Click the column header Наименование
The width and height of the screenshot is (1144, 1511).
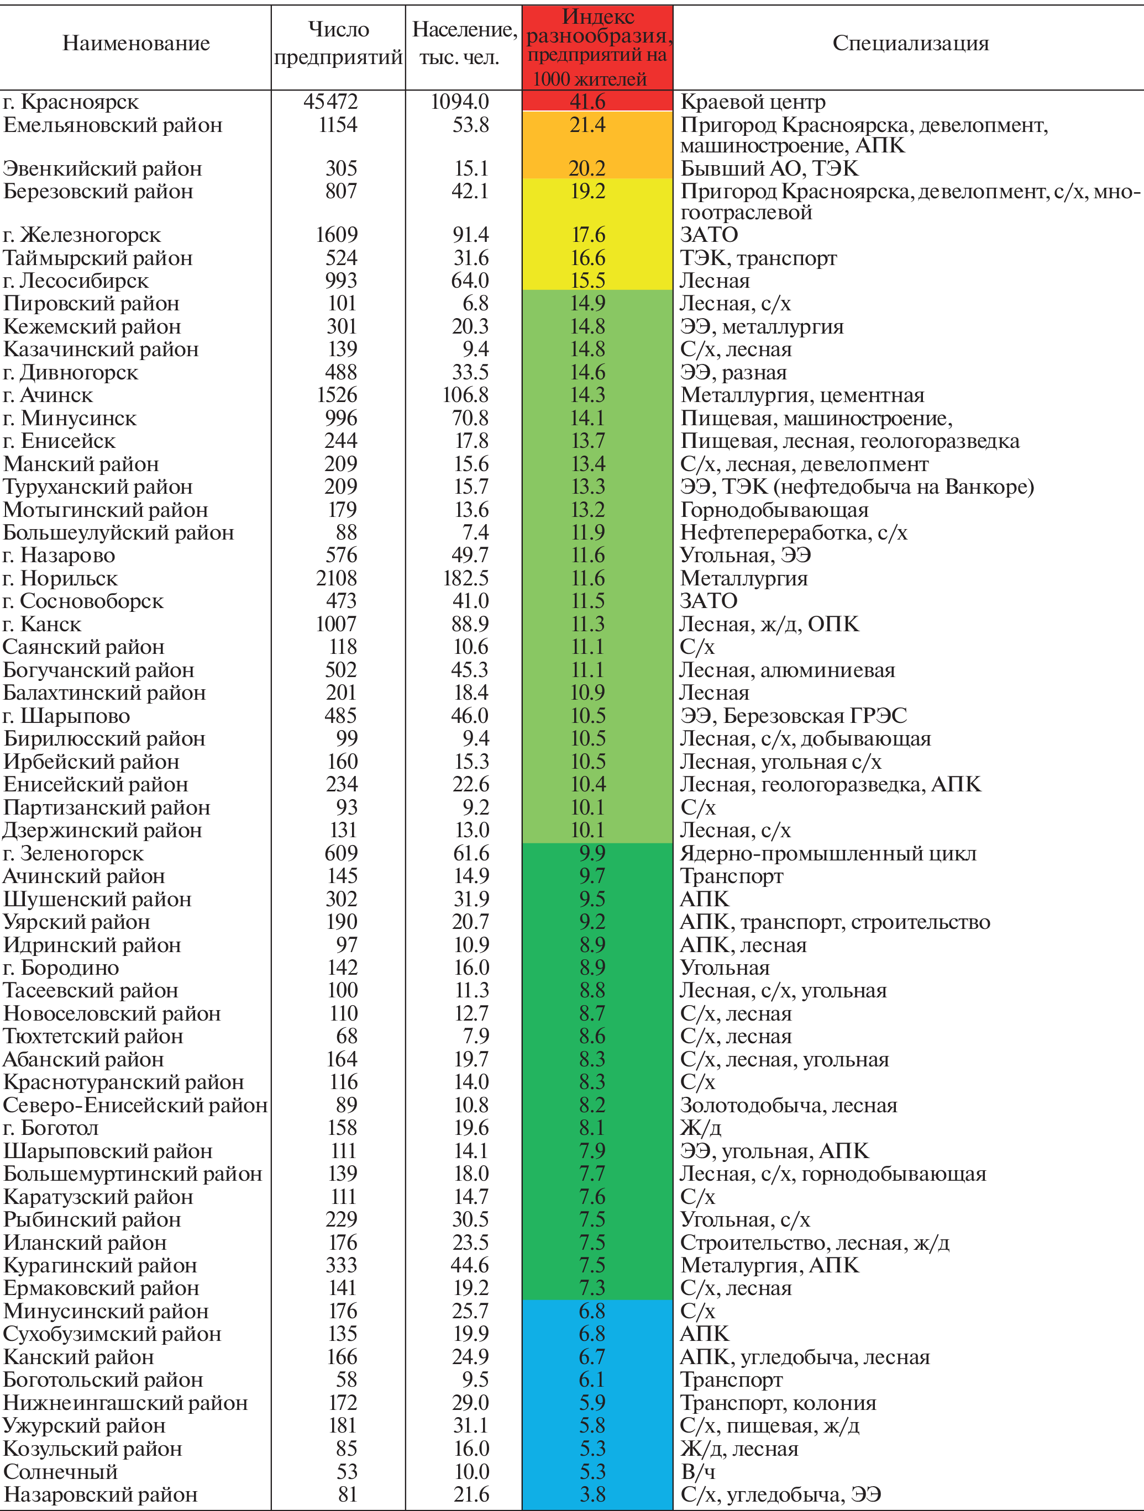coord(136,44)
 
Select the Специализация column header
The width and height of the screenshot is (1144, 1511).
coord(910,44)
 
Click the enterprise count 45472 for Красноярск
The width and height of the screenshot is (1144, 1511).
coord(330,102)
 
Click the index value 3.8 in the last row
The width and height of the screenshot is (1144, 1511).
coord(592,1494)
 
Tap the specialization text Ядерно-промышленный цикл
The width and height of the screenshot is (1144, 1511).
coord(827,854)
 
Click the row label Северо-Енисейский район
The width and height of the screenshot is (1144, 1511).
coord(135,1105)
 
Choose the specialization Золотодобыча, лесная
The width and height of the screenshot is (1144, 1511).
coord(788,1105)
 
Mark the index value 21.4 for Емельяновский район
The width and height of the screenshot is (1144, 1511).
coord(587,125)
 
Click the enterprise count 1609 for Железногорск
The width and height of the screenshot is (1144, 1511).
coord(336,235)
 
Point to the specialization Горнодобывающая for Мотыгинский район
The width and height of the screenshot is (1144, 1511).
coord(774,510)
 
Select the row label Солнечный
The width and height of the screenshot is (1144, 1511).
coord(60,1471)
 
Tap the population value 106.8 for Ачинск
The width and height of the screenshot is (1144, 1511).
coord(466,395)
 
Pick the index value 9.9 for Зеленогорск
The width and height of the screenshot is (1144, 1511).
coord(592,854)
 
